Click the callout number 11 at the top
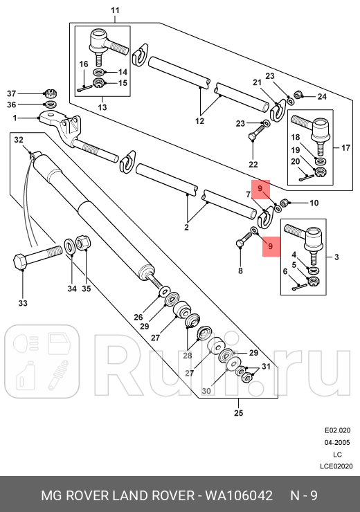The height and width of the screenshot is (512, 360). coord(116,10)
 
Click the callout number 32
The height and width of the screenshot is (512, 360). coord(19,140)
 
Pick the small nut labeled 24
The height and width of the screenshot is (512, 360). coord(297,95)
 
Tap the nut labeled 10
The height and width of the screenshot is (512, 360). coord(285,203)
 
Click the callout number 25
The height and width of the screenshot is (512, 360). coord(240,414)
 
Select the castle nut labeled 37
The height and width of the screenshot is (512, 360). coord(49,93)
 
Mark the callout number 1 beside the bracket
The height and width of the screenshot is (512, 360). coord(15,118)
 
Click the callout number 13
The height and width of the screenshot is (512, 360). coord(102,107)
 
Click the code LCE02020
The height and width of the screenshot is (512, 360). coord(337,466)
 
